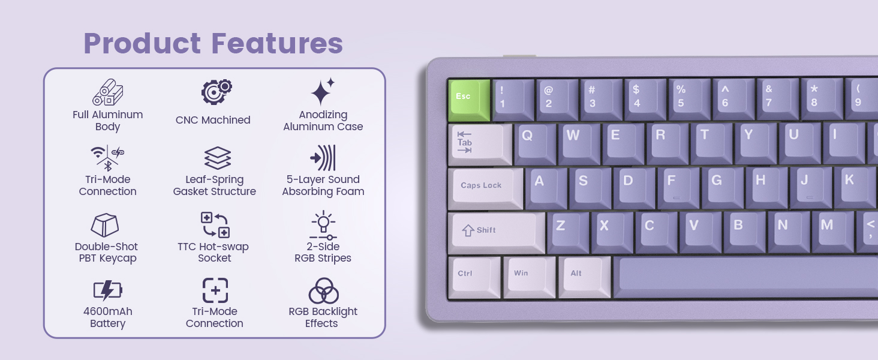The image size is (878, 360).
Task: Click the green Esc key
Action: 469,98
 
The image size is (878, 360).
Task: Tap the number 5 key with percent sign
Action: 688,97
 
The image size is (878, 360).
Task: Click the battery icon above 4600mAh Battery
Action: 108,291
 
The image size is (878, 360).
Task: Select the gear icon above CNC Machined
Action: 216,92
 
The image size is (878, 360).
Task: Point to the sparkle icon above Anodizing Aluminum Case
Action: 322,92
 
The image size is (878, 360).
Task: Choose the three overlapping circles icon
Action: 323,291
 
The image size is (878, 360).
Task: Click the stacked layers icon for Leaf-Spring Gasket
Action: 217,158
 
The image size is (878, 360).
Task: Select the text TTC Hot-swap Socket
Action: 214,253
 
